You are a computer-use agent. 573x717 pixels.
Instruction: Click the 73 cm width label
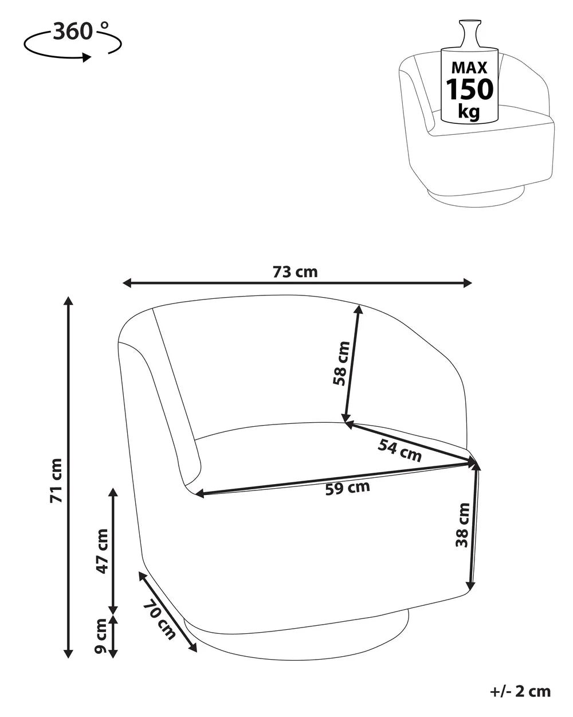pyautogui.click(x=295, y=272)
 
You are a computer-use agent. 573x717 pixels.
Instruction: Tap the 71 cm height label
pyautogui.click(x=56, y=481)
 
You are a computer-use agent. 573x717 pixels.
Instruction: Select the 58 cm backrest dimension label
pyautogui.click(x=342, y=364)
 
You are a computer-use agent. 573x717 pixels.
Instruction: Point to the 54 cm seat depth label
pyautogui.click(x=399, y=450)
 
